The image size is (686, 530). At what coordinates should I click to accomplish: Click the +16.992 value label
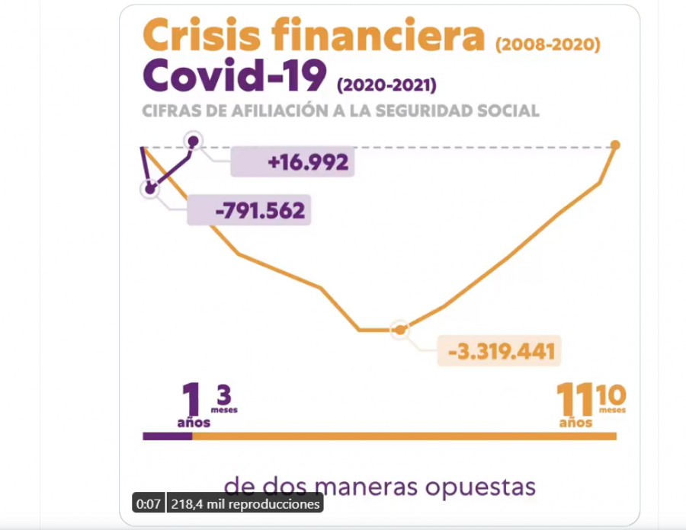pyautogui.click(x=308, y=162)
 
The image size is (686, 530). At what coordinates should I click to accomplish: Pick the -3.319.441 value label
pyautogui.click(x=501, y=352)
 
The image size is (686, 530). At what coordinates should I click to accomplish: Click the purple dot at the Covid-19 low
pyautogui.click(x=150, y=188)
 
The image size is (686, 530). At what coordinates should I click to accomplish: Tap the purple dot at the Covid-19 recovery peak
pyautogui.click(x=193, y=141)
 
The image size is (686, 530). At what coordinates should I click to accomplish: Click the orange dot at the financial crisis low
pyautogui.click(x=399, y=330)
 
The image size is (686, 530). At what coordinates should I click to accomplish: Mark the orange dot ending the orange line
pyautogui.click(x=615, y=145)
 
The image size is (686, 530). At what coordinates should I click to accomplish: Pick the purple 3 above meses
pyautogui.click(x=223, y=395)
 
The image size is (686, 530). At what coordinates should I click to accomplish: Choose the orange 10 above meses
pyautogui.click(x=612, y=395)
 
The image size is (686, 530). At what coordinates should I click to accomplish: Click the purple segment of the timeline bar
pyautogui.click(x=167, y=436)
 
